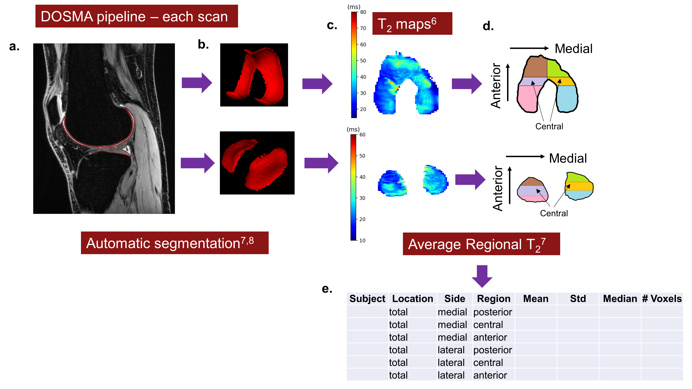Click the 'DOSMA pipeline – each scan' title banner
pyautogui.click(x=136, y=16)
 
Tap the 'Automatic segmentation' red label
pyautogui.click(x=175, y=243)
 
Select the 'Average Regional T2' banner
pyautogui.click(x=481, y=244)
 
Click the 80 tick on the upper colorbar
pyautogui.click(x=363, y=12)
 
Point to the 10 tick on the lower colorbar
pyautogui.click(x=362, y=240)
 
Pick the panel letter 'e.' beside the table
pyautogui.click(x=327, y=289)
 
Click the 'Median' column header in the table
pyautogui.click(x=620, y=299)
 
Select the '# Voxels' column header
pyautogui.click(x=662, y=299)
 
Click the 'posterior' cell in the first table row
pyautogui.click(x=492, y=312)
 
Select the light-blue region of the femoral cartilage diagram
pyautogui.click(x=567, y=98)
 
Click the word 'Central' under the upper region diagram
pyautogui.click(x=549, y=126)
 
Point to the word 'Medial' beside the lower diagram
pyautogui.click(x=568, y=158)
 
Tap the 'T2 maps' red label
pyautogui.click(x=412, y=24)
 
